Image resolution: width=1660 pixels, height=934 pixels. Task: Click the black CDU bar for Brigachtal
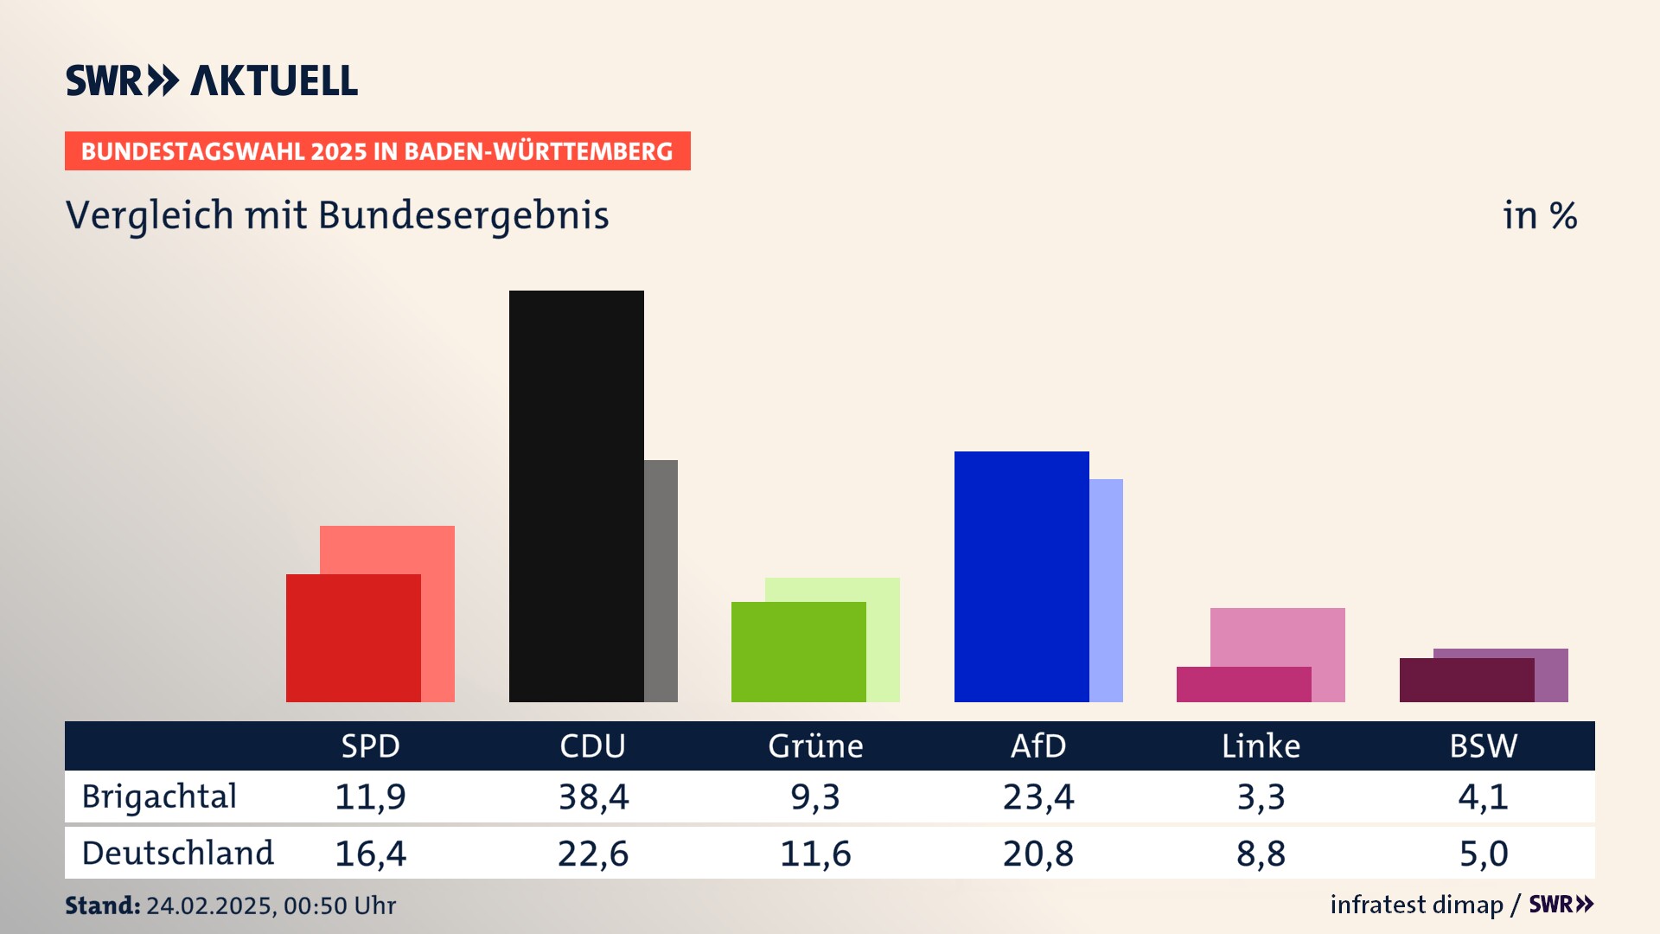click(x=576, y=496)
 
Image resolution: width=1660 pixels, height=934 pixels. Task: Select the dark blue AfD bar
click(x=1021, y=576)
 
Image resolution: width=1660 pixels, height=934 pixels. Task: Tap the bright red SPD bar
click(x=353, y=638)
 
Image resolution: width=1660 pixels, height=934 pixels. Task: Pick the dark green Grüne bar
click(x=798, y=652)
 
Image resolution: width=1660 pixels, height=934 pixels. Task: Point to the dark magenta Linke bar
click(x=1243, y=684)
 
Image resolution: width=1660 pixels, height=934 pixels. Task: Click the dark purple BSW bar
click(x=1466, y=680)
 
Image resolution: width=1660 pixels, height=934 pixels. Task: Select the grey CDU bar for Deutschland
click(x=661, y=580)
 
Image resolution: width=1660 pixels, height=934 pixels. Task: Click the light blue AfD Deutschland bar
click(x=1106, y=590)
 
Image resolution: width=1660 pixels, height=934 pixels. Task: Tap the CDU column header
click(x=592, y=745)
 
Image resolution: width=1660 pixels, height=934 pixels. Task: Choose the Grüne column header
click(x=815, y=745)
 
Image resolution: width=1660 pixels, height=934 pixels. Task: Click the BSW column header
click(x=1483, y=745)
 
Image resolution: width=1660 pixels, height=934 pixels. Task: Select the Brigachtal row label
click(x=159, y=796)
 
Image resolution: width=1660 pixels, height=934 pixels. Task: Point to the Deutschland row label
click(x=177, y=854)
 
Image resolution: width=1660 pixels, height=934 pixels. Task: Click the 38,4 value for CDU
click(x=593, y=796)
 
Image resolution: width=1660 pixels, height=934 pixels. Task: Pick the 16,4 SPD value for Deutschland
click(x=370, y=854)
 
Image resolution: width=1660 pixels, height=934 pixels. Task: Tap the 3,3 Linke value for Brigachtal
click(x=1261, y=796)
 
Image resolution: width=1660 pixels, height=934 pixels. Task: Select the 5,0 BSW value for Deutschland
click(x=1484, y=854)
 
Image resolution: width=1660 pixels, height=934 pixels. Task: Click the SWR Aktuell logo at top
click(x=212, y=80)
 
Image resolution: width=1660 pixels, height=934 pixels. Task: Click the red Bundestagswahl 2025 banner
click(x=377, y=151)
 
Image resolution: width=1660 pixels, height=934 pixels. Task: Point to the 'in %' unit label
click(x=1540, y=216)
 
